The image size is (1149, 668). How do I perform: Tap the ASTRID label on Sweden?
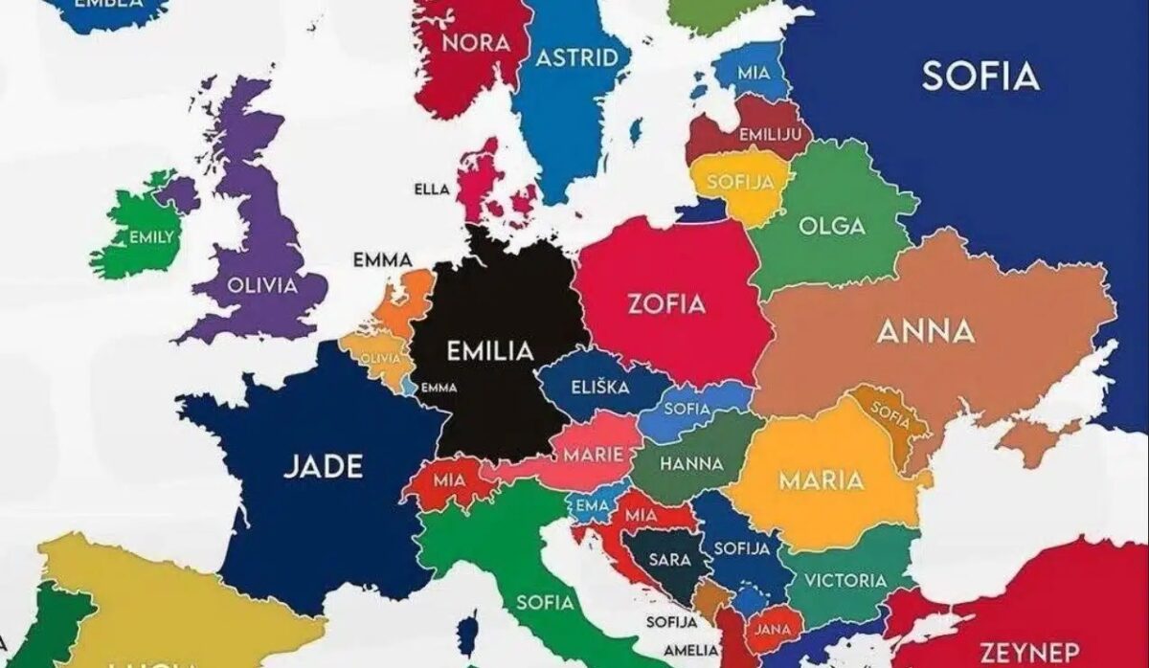pyautogui.click(x=576, y=57)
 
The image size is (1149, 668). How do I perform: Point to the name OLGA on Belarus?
pyautogui.click(x=833, y=227)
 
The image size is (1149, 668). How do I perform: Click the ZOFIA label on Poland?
pyautogui.click(x=666, y=304)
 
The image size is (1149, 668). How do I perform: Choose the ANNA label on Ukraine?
pyautogui.click(x=926, y=331)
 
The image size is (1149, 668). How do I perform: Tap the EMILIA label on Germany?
pyautogui.click(x=489, y=351)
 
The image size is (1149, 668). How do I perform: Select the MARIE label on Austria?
pyautogui.click(x=593, y=454)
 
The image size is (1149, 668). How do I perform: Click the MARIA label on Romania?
pyautogui.click(x=822, y=479)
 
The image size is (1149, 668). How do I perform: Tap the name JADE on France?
pyautogui.click(x=324, y=467)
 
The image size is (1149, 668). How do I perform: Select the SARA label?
pyautogui.click(x=669, y=560)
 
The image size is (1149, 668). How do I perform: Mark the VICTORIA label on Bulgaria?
pyautogui.click(x=845, y=580)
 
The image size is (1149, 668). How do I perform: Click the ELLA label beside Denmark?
pyautogui.click(x=431, y=189)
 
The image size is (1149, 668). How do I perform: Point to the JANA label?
pyautogui.click(x=772, y=630)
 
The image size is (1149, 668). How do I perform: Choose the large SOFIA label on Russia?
pyautogui.click(x=980, y=76)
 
